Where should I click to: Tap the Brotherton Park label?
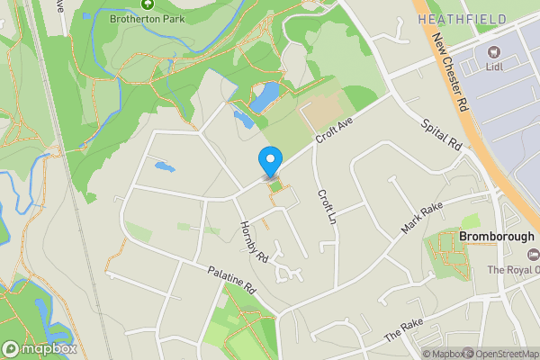pyautogui.click(x=143, y=18)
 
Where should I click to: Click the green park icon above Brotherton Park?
pyautogui.click(x=143, y=3)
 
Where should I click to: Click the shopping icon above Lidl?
pyautogui.click(x=493, y=51)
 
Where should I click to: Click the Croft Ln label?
pyautogui.click(x=326, y=207)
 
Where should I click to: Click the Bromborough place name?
pyautogui.click(x=497, y=237)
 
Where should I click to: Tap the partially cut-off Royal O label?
pyautogui.click(x=514, y=270)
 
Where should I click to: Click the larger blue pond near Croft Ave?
pyautogui.click(x=265, y=97)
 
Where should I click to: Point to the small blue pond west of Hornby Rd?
pyautogui.click(x=163, y=166)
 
